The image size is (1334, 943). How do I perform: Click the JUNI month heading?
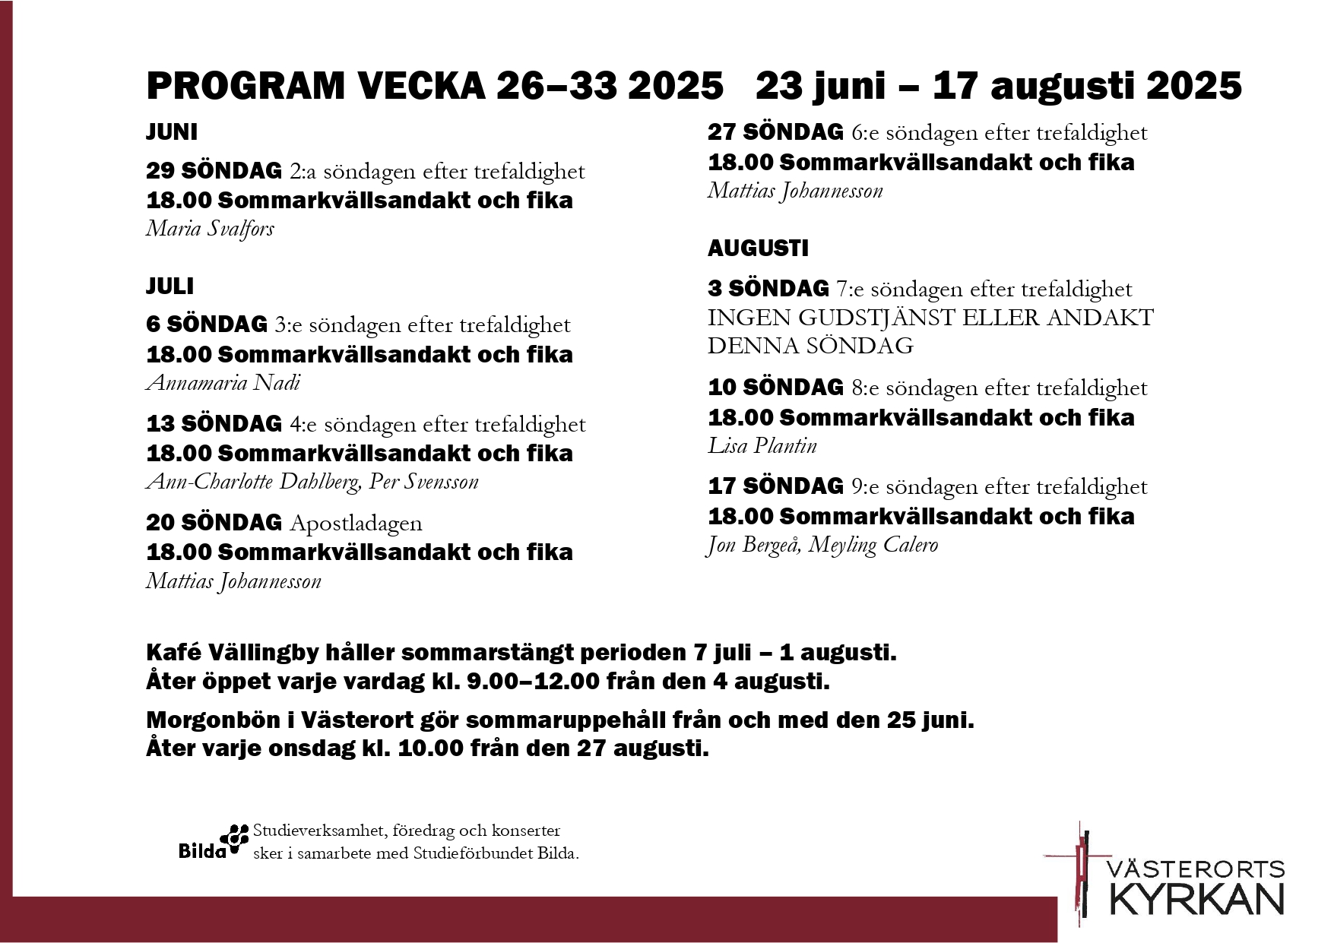click(x=172, y=132)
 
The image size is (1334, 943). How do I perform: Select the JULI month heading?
click(x=170, y=286)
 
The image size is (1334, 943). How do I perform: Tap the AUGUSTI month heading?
click(x=758, y=248)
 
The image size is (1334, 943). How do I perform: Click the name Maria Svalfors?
click(x=210, y=229)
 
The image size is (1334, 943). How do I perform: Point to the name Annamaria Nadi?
click(x=223, y=382)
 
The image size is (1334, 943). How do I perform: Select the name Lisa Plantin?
click(x=762, y=445)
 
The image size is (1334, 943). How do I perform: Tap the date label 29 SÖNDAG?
click(x=214, y=172)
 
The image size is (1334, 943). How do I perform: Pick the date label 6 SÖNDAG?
click(x=207, y=325)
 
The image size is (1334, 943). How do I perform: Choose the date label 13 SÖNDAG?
click(x=214, y=424)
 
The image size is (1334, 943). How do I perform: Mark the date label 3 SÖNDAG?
click(x=768, y=289)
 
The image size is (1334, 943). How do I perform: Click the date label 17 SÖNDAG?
click(x=775, y=486)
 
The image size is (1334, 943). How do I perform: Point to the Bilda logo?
click(x=214, y=842)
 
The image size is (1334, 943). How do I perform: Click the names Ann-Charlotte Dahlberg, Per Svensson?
click(x=312, y=482)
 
